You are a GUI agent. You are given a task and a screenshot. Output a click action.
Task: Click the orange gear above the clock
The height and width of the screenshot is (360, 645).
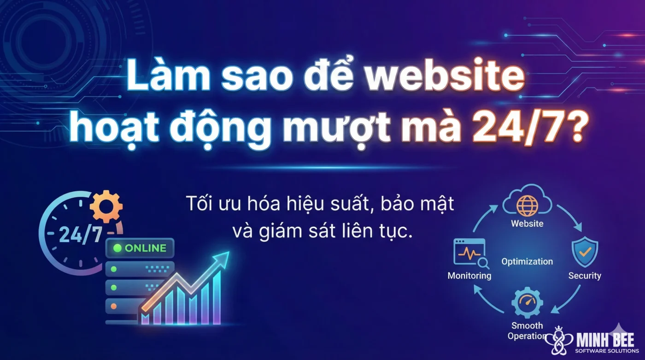pos(106,206)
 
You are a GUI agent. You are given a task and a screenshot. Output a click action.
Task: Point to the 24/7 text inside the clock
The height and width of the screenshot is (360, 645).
pos(81,235)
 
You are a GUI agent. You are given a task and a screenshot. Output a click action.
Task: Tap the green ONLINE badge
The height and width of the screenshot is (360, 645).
pos(140,248)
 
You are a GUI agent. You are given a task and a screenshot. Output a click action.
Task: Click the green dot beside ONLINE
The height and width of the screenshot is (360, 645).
pos(117,248)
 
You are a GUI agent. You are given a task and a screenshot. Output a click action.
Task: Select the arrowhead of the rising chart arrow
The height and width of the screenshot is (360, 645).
pos(223,258)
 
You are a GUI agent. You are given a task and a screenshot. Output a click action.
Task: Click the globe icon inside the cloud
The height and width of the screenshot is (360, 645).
pos(527,206)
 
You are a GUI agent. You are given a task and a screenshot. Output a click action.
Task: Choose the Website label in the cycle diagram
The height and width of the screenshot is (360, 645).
pos(527,224)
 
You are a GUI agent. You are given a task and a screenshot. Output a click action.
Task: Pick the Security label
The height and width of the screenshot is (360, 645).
pos(585,276)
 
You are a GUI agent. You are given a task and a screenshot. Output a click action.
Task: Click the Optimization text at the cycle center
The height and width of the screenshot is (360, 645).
pos(527,261)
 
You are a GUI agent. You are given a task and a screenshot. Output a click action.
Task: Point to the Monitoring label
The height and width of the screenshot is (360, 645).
pos(469,276)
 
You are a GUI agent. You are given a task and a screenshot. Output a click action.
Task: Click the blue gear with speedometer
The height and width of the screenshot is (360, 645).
pos(527,302)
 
